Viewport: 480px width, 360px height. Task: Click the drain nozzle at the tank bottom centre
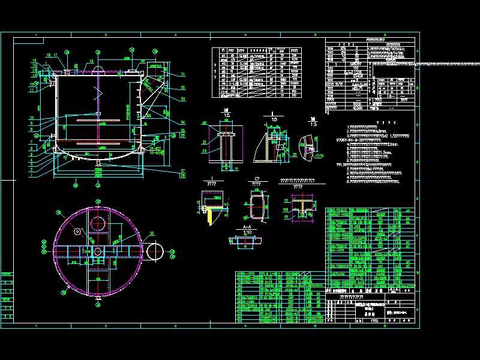click(99, 163)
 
